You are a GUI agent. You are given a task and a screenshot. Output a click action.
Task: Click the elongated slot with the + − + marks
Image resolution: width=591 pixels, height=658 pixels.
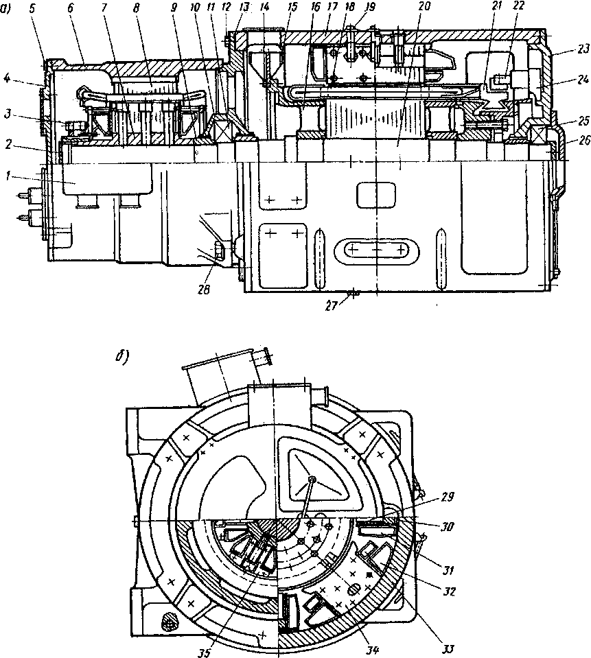pyautogui.click(x=375, y=251)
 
